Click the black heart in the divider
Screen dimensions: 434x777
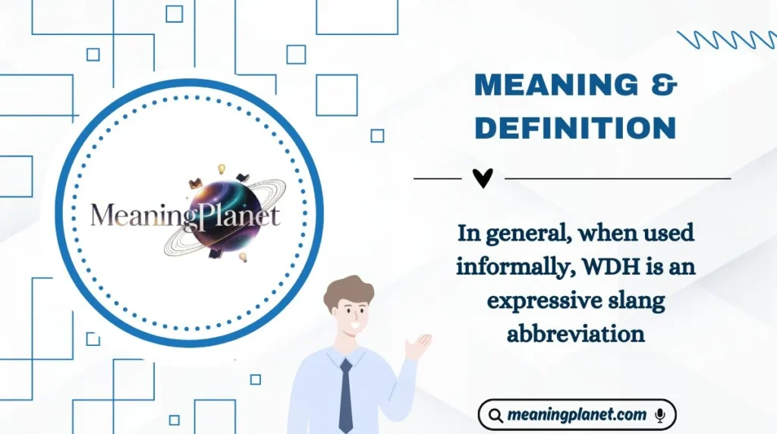[x=483, y=178]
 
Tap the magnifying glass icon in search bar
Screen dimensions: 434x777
[x=495, y=416]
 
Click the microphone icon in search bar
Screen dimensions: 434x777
[x=660, y=415]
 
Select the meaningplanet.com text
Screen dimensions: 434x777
[x=577, y=415]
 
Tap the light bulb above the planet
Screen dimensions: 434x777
[x=222, y=168]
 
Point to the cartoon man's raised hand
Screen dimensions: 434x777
[x=418, y=344]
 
